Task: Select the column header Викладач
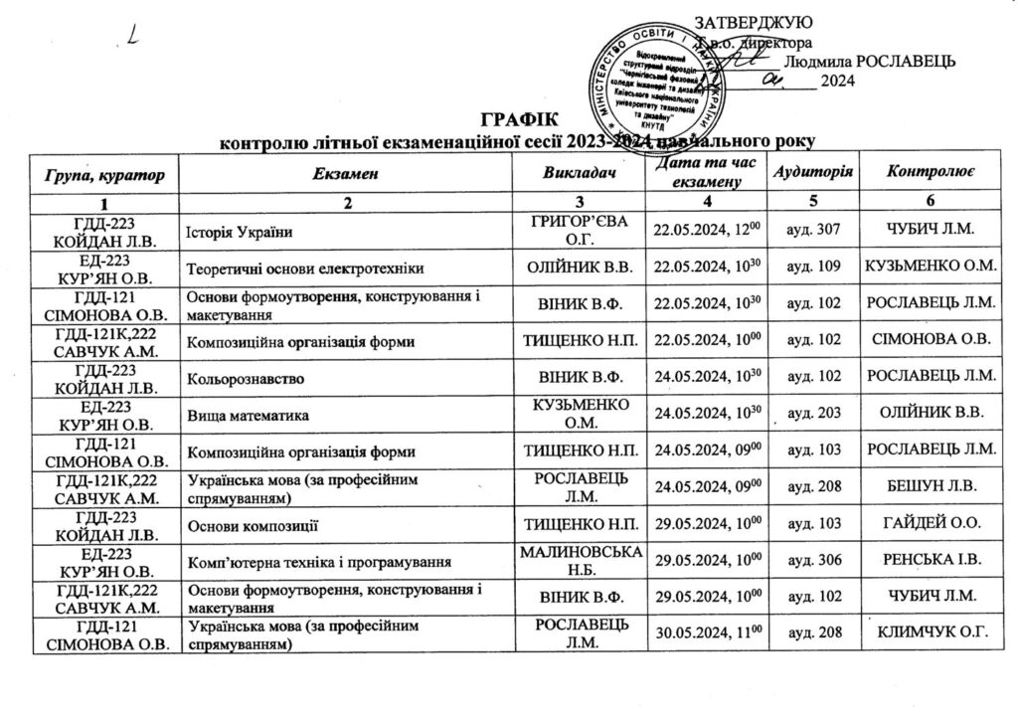[x=577, y=174]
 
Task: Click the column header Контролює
[x=931, y=174]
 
